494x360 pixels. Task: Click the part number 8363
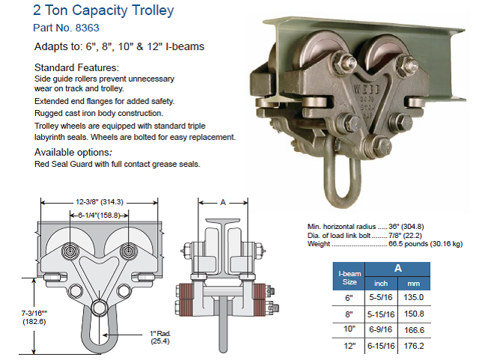[x=88, y=28]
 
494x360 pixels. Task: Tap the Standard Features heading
[x=76, y=67]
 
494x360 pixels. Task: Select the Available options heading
[x=73, y=152]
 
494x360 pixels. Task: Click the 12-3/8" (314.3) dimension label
[x=100, y=202]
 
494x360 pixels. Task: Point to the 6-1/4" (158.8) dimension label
[x=100, y=216]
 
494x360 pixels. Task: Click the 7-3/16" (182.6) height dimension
[x=34, y=317]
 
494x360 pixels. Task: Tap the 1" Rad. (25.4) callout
[x=160, y=337]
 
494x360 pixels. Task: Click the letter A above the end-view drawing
[x=223, y=202]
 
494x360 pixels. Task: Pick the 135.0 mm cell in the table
[x=414, y=297]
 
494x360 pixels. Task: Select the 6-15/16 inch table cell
[x=381, y=346]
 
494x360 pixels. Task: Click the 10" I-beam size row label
[x=349, y=329]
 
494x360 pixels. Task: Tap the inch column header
[x=381, y=284]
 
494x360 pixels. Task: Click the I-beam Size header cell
[x=350, y=278]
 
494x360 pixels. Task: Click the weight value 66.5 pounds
[x=408, y=244]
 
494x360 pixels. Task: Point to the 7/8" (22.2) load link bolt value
[x=405, y=235]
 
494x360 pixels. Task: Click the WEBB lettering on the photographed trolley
[x=367, y=89]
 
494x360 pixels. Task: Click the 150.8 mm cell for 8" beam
[x=415, y=314]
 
